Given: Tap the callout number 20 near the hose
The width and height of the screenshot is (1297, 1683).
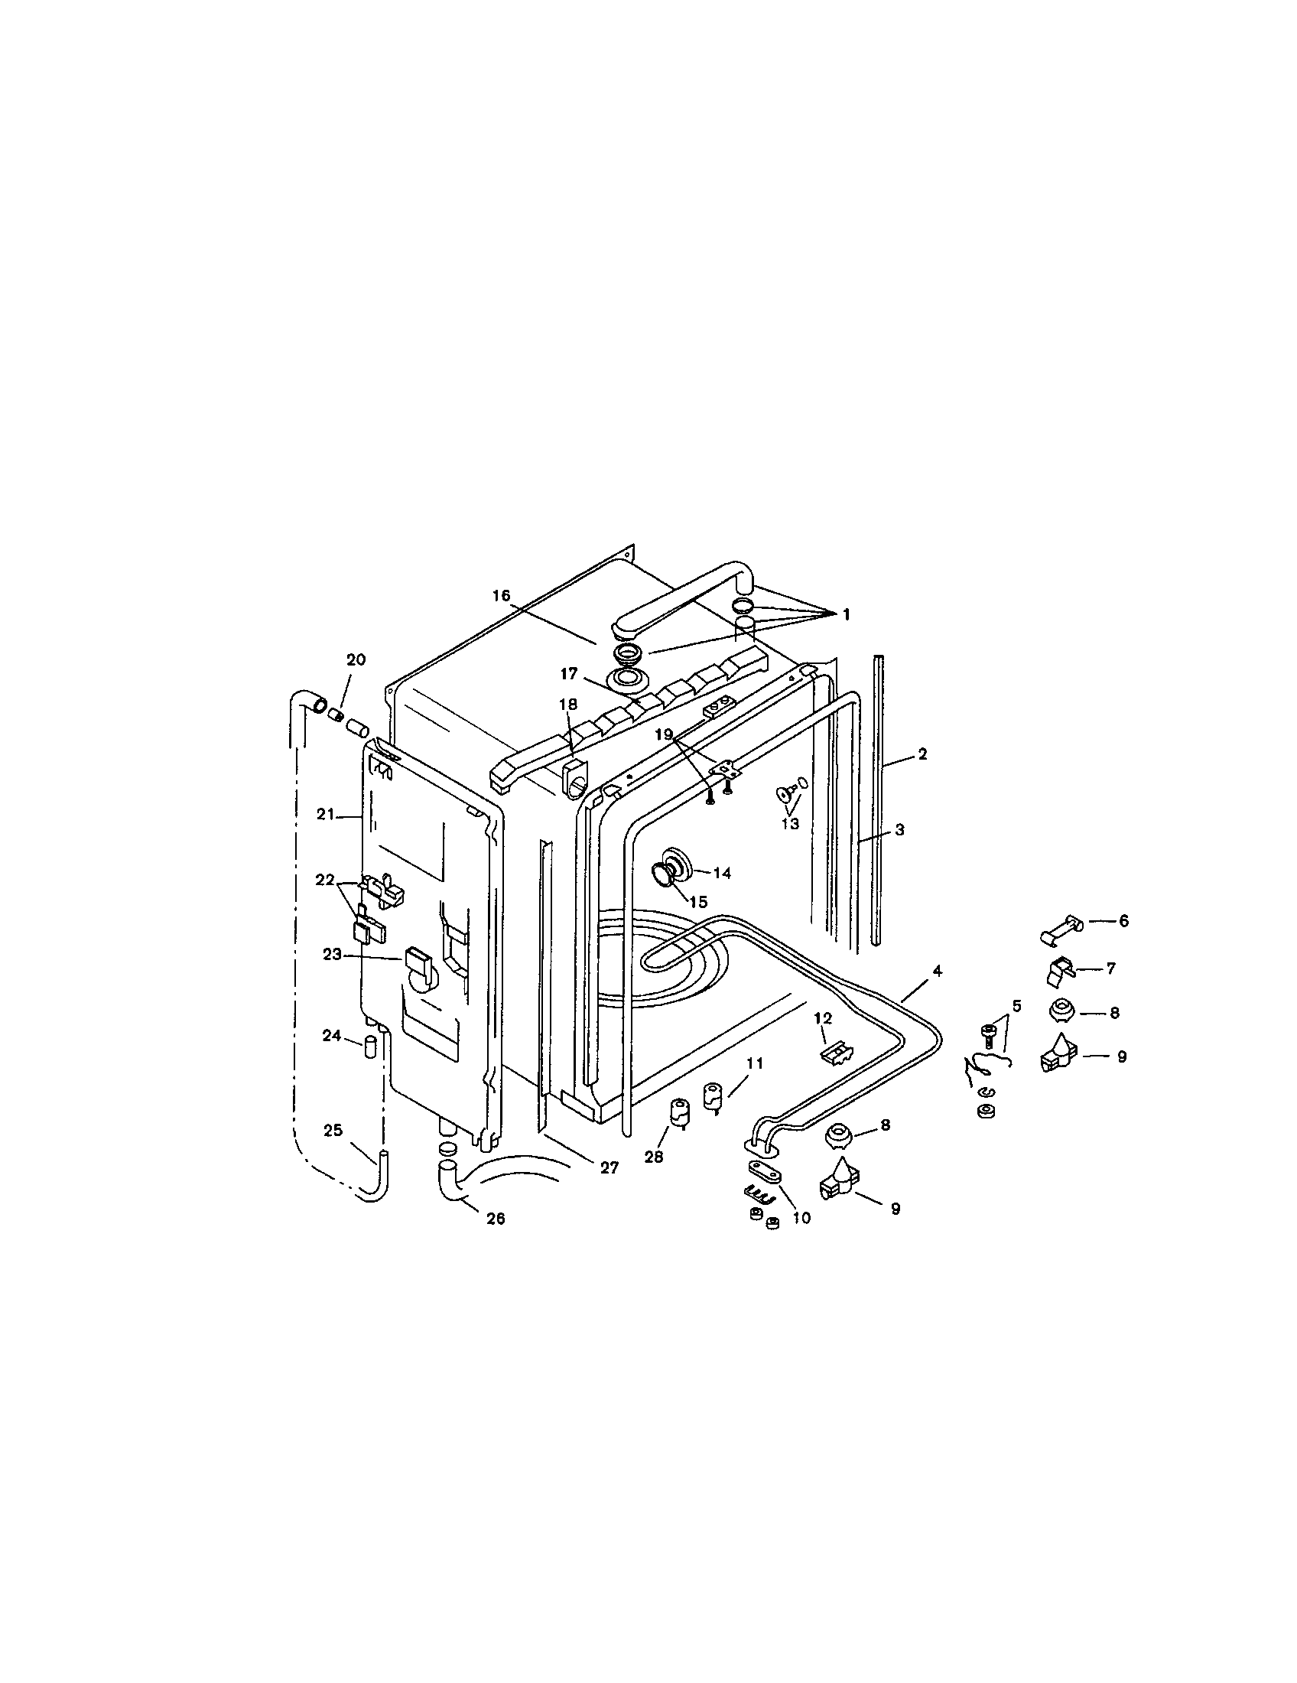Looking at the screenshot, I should click(356, 659).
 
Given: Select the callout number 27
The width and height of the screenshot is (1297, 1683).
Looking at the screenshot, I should click(609, 1168).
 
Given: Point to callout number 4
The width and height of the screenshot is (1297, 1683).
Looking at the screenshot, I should click(937, 971).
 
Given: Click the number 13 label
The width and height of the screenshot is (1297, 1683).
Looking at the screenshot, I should click(791, 823).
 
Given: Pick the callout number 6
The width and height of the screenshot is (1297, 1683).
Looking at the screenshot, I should click(1123, 921).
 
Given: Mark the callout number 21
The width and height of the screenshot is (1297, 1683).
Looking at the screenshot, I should click(324, 814).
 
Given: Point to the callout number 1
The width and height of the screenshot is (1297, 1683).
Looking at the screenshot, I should click(846, 614).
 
